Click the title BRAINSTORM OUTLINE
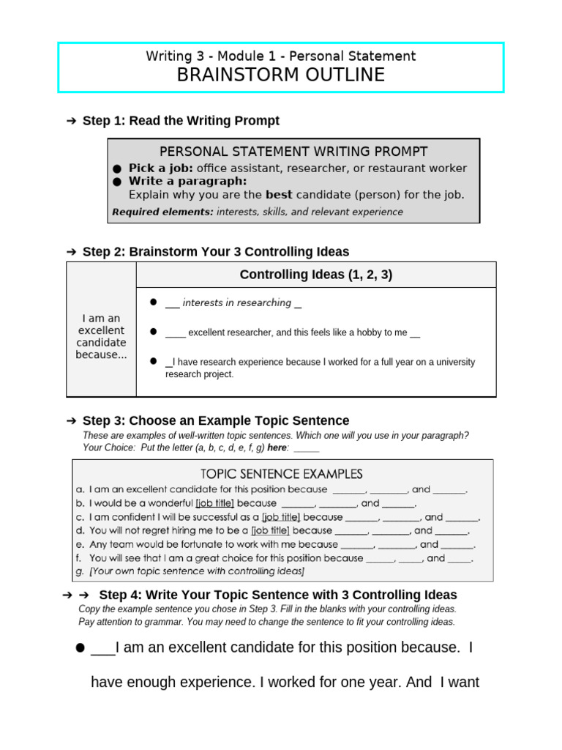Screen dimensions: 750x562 [280, 75]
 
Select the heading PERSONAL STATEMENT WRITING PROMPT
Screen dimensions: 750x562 [293, 152]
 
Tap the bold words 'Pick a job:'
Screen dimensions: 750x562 [161, 168]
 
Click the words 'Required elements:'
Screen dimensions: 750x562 [162, 212]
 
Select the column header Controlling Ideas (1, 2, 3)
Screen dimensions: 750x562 [316, 275]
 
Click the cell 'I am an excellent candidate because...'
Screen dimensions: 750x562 [101, 337]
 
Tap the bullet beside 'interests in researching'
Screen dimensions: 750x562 [154, 302]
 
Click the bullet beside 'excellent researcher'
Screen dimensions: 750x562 [154, 332]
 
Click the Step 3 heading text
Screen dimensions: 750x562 [216, 420]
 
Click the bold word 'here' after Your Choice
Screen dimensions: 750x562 [277, 448]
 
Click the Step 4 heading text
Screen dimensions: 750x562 [277, 595]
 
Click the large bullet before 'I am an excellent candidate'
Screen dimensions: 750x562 [79, 649]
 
